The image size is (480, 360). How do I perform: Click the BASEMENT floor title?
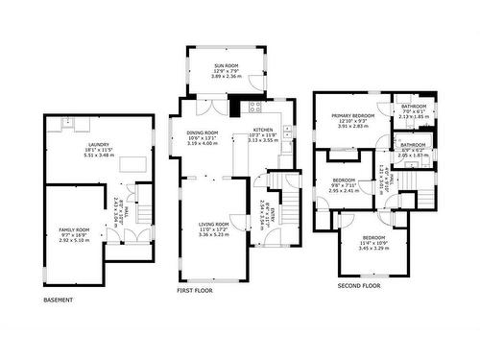[x=60, y=300]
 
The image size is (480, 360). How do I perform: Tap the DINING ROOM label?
[x=203, y=132]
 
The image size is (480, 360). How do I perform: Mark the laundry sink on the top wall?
[x=68, y=122]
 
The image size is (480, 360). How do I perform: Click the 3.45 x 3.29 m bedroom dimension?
[x=373, y=248]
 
